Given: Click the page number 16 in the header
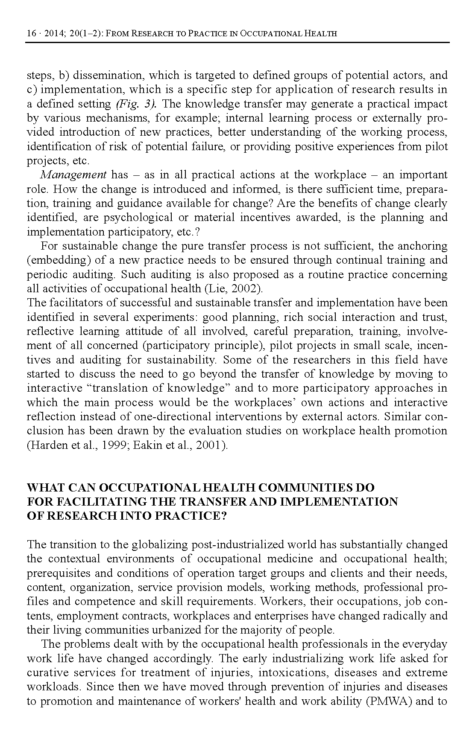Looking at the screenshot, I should click(31, 34).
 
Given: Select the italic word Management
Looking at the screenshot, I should click(73, 175).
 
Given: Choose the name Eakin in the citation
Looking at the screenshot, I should click(146, 445).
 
